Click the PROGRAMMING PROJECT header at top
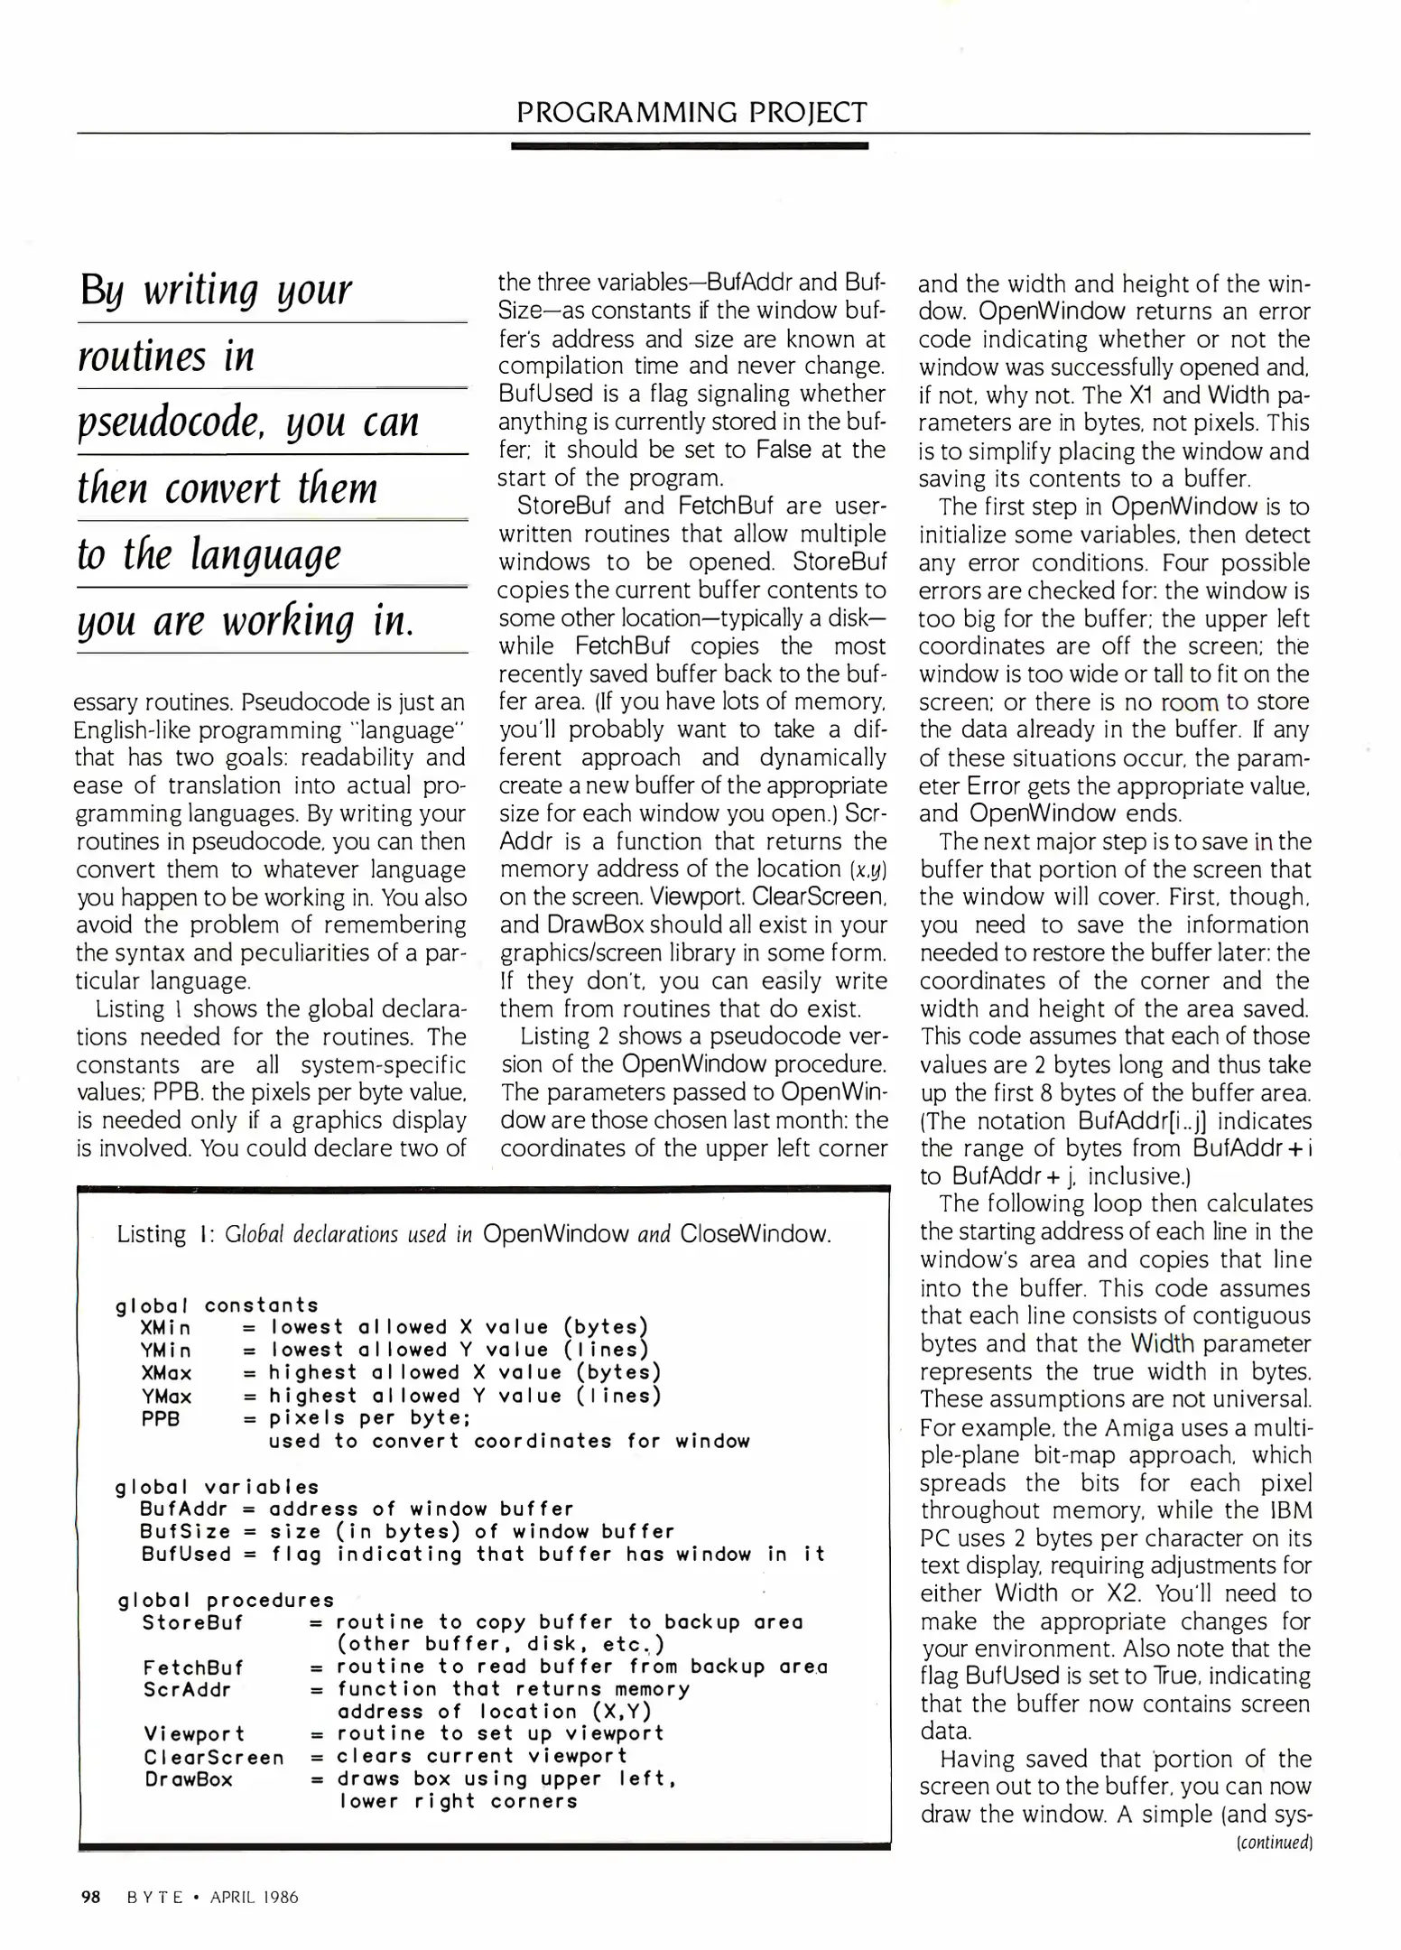coord(691,112)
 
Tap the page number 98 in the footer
coord(90,1897)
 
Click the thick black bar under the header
coord(689,145)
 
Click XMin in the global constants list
coord(166,1328)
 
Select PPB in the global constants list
coord(160,1418)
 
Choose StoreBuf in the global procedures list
coord(192,1622)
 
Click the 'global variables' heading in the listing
coord(218,1487)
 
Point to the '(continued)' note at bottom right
coord(1274,1842)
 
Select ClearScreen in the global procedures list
coord(213,1758)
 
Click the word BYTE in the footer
coord(154,1898)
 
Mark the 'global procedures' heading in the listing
coord(226,1601)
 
